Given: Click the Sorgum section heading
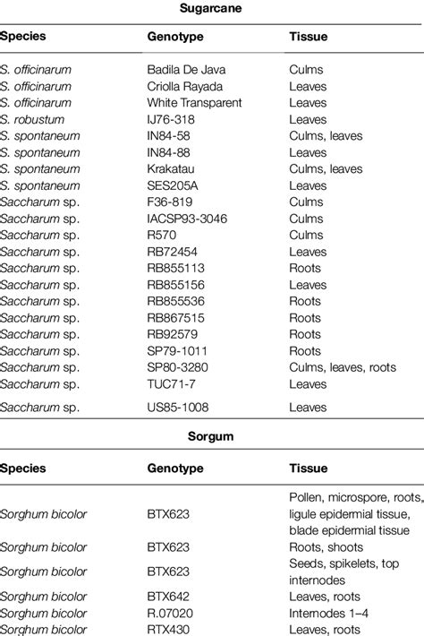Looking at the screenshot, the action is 212,438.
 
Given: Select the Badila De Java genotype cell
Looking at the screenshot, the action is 187,68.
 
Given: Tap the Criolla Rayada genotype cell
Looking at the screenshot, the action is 185,86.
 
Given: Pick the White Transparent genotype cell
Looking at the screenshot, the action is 194,103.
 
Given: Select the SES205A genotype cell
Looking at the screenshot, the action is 174,185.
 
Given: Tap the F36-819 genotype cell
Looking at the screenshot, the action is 170,202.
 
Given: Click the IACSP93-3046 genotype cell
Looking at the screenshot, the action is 184,218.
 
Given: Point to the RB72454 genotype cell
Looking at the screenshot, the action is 173,252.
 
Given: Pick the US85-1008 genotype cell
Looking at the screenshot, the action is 176,407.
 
